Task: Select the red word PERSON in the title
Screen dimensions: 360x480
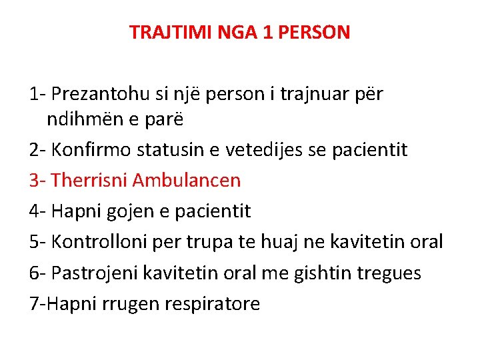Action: [x=316, y=32]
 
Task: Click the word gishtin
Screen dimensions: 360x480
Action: [x=324, y=273]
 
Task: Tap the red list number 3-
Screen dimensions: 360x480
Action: [x=37, y=180]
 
